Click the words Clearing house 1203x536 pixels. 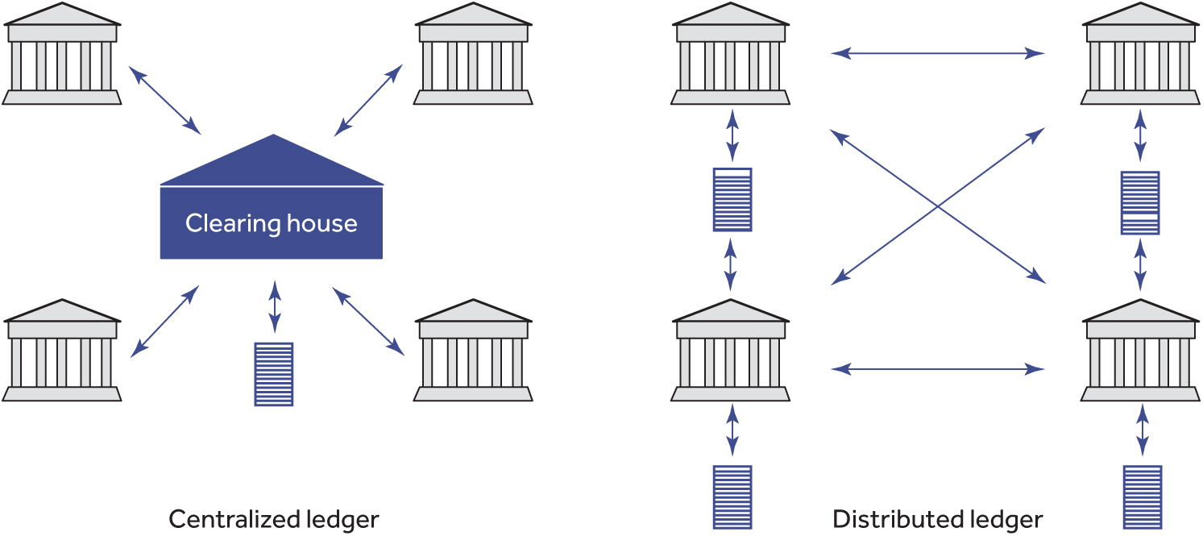point(272,223)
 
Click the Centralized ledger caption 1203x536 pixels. point(273,518)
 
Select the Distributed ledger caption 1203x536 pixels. point(938,518)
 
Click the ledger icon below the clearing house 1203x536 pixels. point(273,374)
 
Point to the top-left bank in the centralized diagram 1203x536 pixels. point(62,56)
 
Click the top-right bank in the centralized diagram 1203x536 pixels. point(473,56)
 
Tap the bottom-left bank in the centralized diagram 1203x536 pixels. point(62,353)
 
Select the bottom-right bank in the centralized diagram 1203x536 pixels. point(473,353)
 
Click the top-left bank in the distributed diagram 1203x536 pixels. point(730,56)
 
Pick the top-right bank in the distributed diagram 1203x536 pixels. point(1139,56)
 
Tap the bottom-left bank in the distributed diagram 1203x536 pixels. point(730,353)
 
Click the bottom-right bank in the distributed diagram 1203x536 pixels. point(1139,353)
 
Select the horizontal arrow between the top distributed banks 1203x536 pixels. point(937,54)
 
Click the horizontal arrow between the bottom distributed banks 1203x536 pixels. point(937,369)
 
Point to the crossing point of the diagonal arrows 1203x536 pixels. point(938,206)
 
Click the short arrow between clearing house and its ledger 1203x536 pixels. point(275,306)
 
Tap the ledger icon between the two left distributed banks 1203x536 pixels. point(732,199)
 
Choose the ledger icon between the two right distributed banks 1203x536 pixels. point(1140,202)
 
